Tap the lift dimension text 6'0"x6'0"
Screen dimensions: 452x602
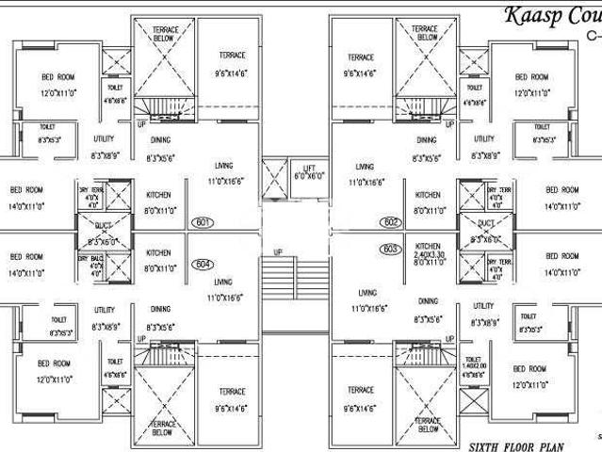point(308,176)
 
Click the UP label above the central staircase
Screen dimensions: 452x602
point(277,252)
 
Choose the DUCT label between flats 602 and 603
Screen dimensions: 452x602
point(484,223)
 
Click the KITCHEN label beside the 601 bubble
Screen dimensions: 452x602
point(157,195)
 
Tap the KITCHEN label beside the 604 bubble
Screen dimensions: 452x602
point(157,252)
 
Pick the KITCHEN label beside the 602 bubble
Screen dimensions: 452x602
point(429,195)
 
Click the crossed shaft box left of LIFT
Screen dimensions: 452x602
point(272,176)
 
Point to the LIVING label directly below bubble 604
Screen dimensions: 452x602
point(223,282)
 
